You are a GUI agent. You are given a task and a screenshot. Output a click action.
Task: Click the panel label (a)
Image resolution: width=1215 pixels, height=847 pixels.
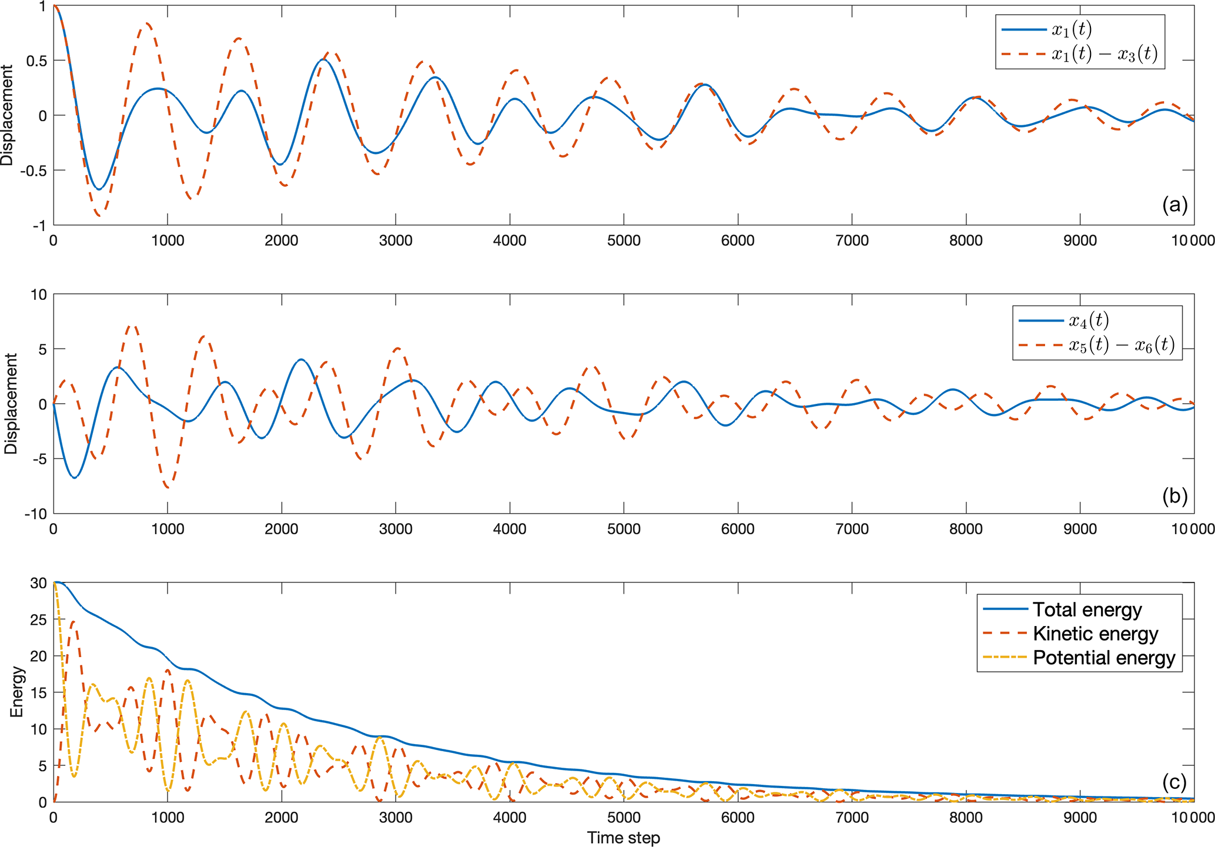click(x=1175, y=205)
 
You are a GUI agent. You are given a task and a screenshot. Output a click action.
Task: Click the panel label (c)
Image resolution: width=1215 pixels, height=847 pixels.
click(x=1175, y=782)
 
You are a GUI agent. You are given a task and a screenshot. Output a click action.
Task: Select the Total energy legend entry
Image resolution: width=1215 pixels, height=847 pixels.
click(x=1087, y=610)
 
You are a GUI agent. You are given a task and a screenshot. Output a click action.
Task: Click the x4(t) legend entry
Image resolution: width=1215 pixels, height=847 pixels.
click(x=1089, y=320)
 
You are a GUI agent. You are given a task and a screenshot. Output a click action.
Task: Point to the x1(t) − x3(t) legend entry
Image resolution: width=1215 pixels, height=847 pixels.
click(x=1104, y=54)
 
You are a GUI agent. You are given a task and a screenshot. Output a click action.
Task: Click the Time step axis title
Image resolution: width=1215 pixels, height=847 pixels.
click(x=623, y=838)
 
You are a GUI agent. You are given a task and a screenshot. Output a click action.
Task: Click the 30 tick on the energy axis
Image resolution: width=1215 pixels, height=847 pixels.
click(x=39, y=583)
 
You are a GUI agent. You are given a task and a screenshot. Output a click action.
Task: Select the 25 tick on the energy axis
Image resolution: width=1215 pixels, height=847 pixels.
click(x=39, y=620)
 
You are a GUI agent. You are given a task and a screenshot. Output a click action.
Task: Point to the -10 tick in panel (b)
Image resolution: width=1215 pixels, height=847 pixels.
click(x=35, y=514)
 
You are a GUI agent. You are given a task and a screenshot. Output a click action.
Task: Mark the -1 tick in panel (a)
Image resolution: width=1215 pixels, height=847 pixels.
click(x=40, y=226)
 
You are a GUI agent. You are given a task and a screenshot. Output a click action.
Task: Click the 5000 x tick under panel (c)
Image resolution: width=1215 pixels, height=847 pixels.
click(x=623, y=818)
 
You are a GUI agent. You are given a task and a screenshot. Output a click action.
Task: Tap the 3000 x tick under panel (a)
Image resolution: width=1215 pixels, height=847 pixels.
click(x=395, y=240)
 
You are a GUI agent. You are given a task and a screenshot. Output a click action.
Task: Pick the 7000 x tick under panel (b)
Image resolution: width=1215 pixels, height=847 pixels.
click(x=852, y=529)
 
